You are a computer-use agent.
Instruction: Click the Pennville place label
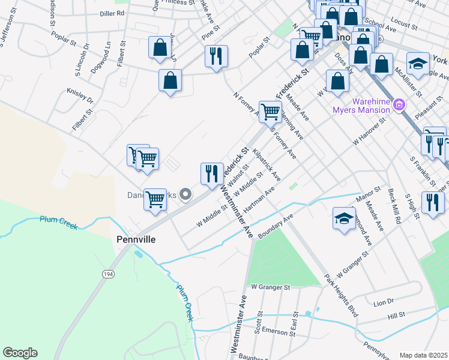coord(136,239)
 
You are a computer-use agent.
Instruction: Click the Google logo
coord(20,353)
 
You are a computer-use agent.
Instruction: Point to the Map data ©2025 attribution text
coord(423,355)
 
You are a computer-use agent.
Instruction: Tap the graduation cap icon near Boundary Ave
coord(344,218)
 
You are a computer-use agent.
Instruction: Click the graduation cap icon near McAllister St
coord(418,63)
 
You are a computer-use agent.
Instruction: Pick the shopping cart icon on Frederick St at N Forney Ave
coord(270,111)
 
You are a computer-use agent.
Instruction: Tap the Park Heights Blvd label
coord(340,296)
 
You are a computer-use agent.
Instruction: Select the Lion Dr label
coord(383,302)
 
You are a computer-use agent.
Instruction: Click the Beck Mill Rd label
coord(394,207)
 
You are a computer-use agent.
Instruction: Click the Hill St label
coord(397,315)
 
